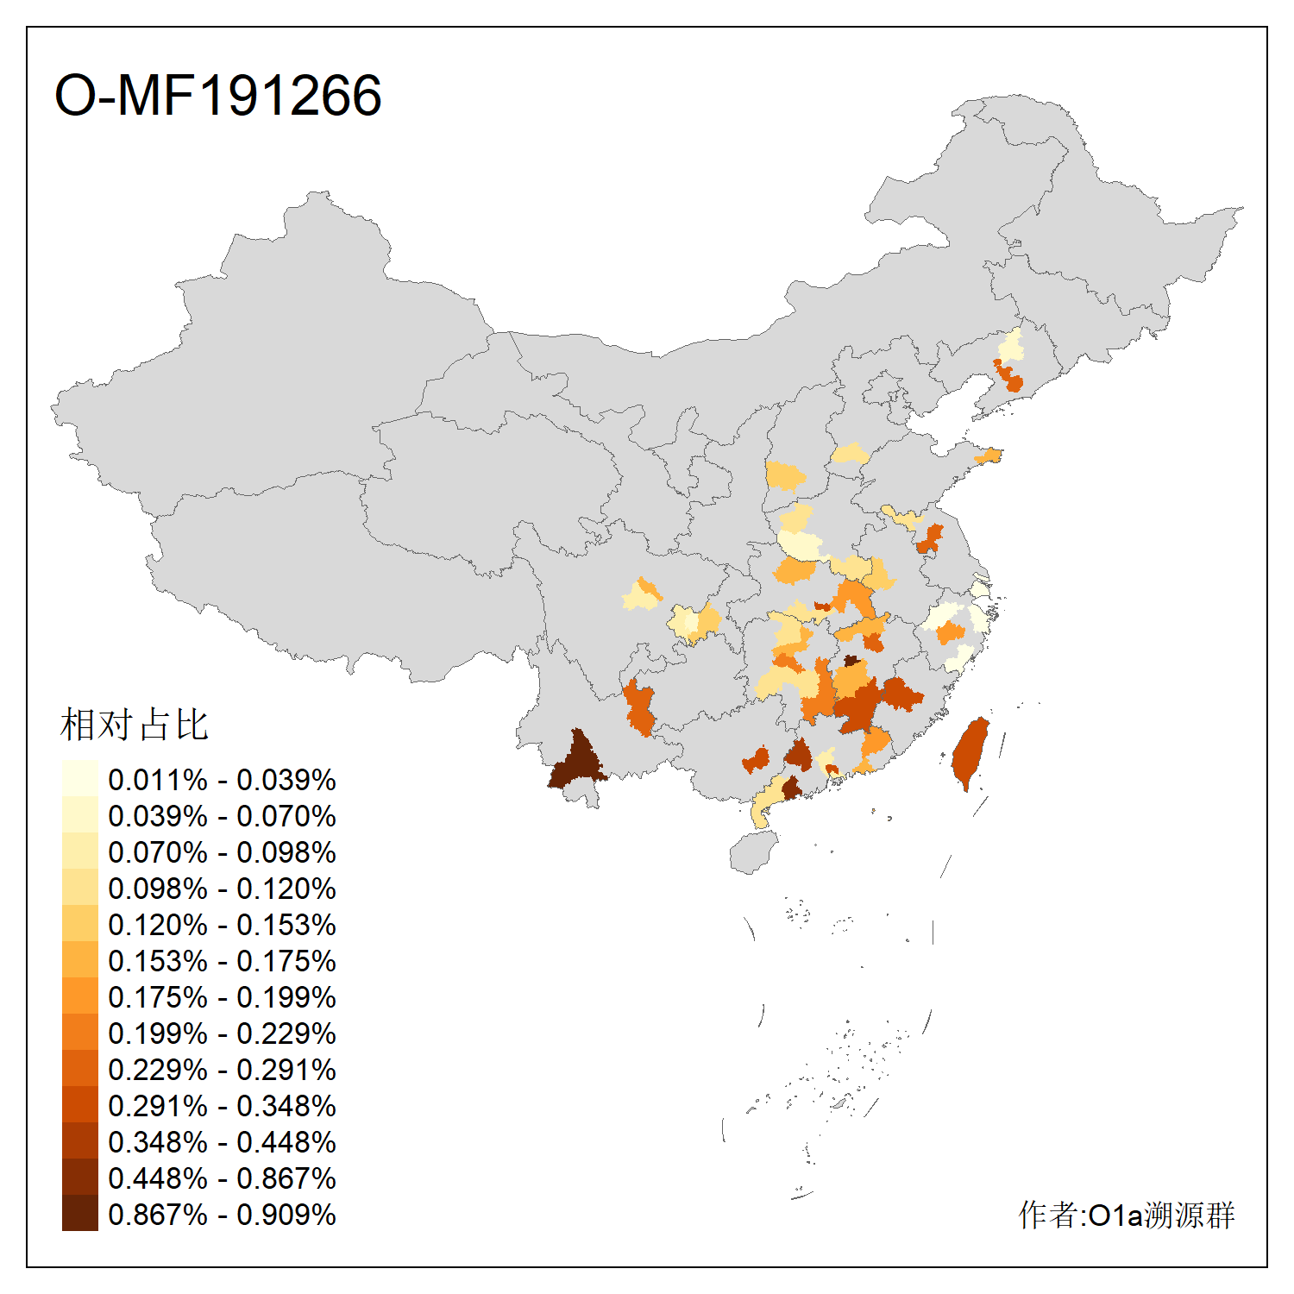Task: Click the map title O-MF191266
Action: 217,95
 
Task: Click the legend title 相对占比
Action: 135,725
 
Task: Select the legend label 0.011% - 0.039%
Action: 222,780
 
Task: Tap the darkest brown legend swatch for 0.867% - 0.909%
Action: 79,1214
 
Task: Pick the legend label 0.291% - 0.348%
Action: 222,1106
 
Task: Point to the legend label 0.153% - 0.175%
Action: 222,961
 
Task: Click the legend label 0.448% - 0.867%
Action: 222,1178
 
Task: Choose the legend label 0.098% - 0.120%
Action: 222,889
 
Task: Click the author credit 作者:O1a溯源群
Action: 1126,1215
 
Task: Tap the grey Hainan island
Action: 753,852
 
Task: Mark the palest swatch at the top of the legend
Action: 79,779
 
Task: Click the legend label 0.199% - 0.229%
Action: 222,1033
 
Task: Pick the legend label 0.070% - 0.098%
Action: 222,852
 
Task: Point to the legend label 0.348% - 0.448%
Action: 222,1142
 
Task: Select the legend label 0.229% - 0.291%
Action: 222,1070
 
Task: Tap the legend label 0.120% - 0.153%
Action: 222,925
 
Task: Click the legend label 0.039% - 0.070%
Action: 222,816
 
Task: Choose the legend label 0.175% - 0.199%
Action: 222,997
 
